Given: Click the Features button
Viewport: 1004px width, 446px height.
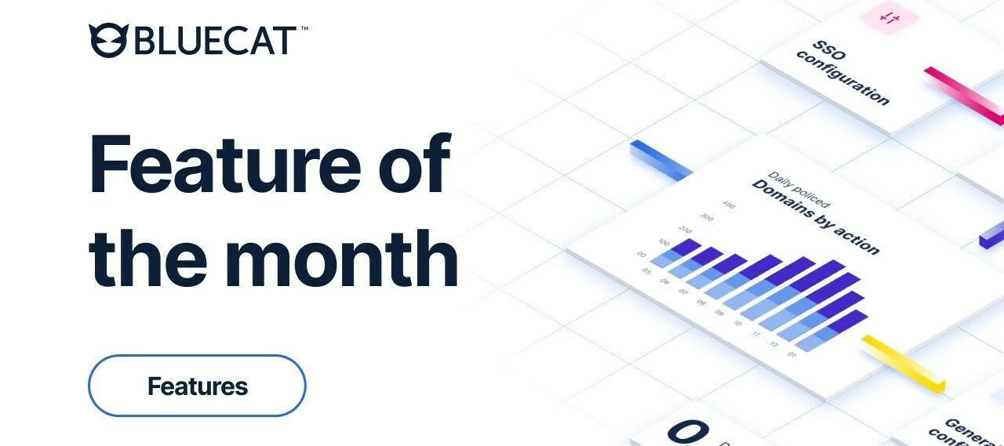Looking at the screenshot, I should (x=197, y=386).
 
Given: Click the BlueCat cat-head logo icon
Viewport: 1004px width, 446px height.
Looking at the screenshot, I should (x=108, y=40).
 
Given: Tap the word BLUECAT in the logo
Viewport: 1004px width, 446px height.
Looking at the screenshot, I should (x=215, y=41).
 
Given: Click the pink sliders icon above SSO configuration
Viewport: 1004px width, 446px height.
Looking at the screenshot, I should (x=889, y=17).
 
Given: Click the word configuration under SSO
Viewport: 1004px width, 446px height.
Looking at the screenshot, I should (x=843, y=79).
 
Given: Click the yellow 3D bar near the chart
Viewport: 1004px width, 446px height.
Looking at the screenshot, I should (x=904, y=362).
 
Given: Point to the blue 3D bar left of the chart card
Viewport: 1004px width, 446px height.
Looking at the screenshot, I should (x=660, y=158).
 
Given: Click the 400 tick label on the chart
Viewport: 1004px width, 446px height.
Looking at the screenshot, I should (x=728, y=205).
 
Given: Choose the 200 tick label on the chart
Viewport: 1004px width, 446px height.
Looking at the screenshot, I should (x=685, y=230).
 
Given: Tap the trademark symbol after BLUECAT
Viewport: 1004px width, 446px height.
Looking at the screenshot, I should (x=304, y=30).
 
